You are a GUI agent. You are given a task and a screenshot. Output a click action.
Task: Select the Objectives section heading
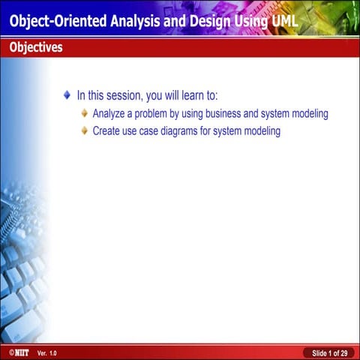(36, 48)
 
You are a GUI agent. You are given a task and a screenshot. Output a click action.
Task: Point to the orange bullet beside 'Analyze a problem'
(85, 114)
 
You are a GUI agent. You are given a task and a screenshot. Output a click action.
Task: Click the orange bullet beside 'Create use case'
(85, 131)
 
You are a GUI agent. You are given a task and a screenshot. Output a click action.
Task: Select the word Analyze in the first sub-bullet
(109, 114)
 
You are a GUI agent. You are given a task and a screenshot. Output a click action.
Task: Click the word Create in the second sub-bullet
(107, 131)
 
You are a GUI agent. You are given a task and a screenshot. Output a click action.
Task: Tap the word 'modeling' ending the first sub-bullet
(307, 114)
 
